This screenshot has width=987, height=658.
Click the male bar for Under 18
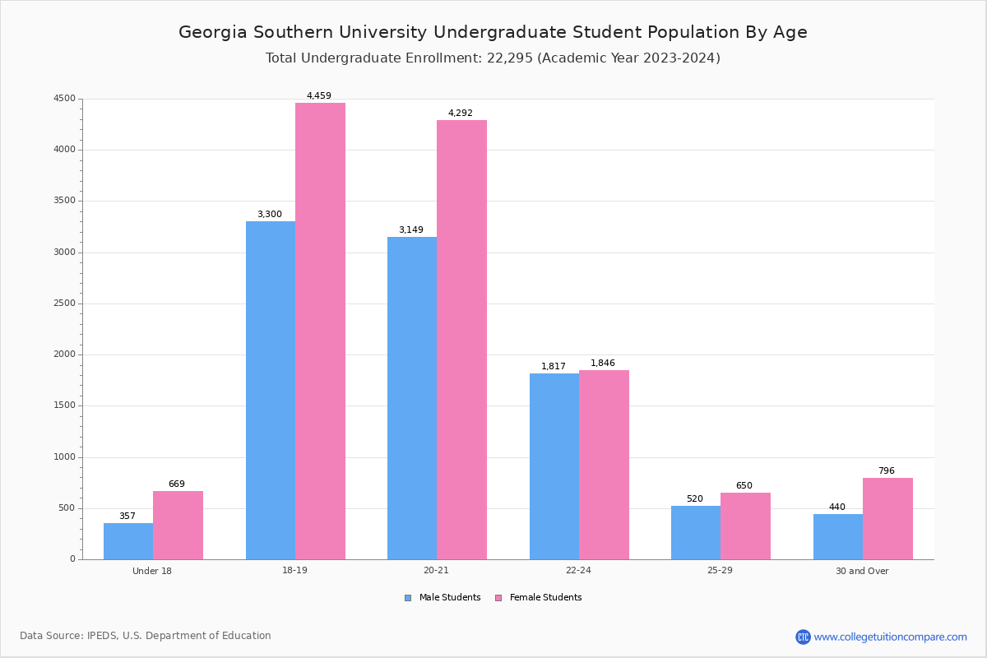click(128, 541)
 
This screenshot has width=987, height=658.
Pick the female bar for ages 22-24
click(604, 465)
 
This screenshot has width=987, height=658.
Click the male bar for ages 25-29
click(696, 532)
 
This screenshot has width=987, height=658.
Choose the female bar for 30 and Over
click(887, 518)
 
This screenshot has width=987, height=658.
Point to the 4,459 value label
click(319, 96)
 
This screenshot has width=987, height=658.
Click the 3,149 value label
click(411, 230)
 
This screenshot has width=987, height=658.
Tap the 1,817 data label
click(554, 367)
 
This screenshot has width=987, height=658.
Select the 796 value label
click(887, 471)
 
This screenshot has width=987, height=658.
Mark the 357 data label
click(127, 517)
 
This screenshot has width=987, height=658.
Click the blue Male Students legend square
click(408, 598)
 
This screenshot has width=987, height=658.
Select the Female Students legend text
click(545, 598)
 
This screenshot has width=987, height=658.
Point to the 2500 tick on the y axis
click(64, 304)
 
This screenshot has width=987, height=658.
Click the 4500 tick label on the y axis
click(64, 99)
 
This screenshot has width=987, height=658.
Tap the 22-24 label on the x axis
click(578, 571)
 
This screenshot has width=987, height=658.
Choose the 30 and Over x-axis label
click(862, 571)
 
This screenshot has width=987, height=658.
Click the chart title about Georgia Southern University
click(493, 32)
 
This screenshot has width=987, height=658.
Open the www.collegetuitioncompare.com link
click(890, 637)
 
